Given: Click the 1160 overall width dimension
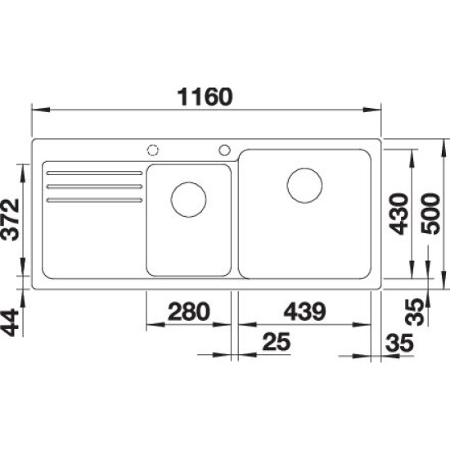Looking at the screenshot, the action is tap(205, 97).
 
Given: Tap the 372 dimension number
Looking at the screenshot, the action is tap(11, 219).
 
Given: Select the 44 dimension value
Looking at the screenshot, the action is tap(10, 322).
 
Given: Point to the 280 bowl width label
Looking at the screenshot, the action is tap(189, 312).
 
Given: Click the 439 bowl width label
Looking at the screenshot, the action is tap(305, 312).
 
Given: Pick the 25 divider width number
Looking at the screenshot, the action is tap(277, 342).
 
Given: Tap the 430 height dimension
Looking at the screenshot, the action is tap(398, 214).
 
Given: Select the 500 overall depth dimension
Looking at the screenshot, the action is tap(430, 214).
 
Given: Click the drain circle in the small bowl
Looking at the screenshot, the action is tap(188, 200).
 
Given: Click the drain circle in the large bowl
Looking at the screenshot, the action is tap(304, 186).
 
